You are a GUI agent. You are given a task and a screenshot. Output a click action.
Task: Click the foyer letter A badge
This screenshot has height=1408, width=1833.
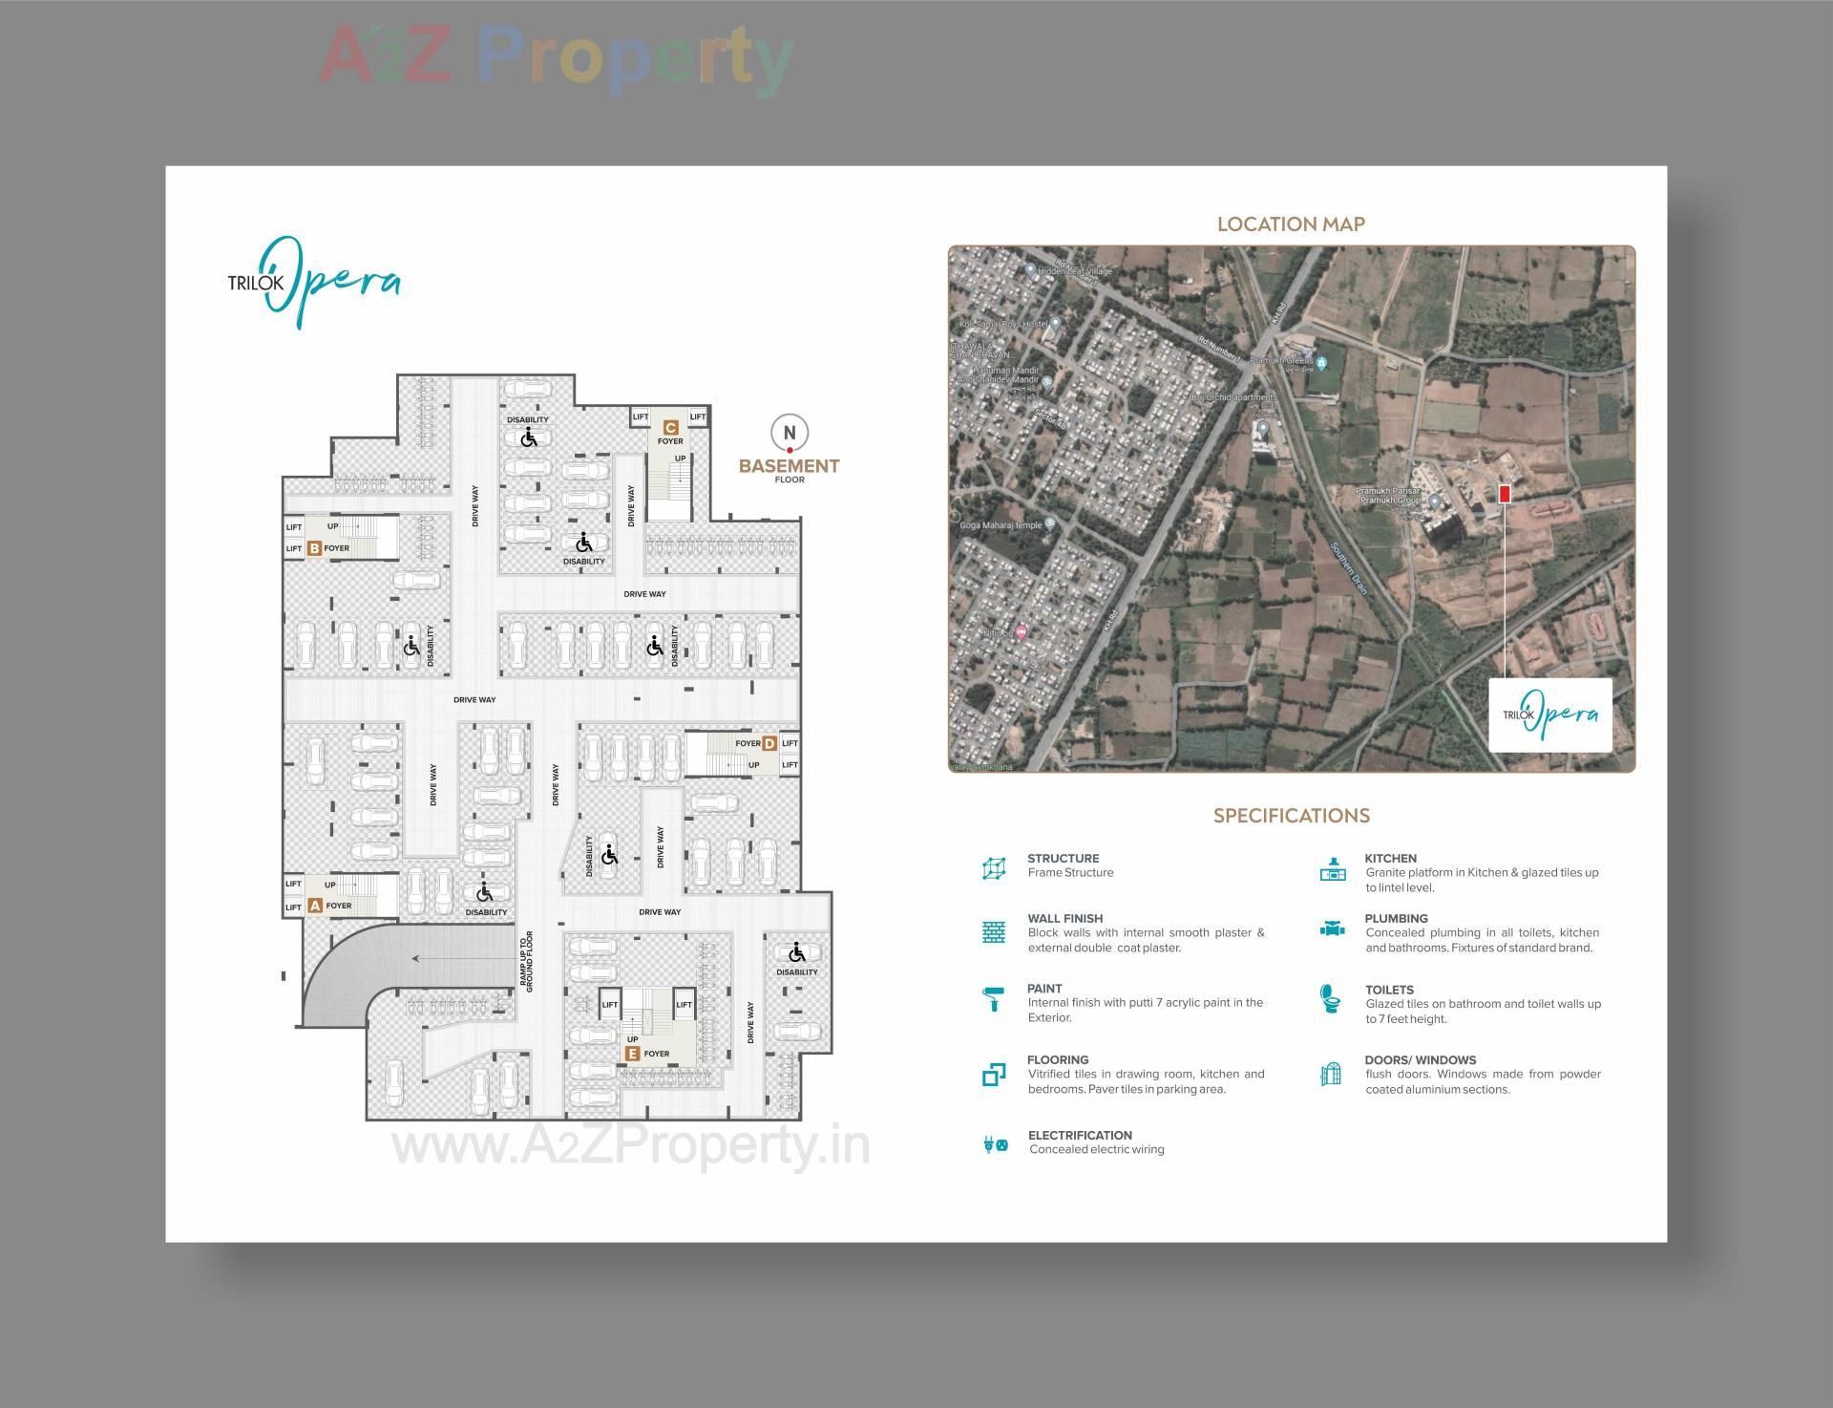click(315, 906)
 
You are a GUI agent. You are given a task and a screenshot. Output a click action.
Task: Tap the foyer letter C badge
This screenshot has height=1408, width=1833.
click(671, 428)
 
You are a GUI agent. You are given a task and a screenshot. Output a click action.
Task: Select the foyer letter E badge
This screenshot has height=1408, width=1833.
click(632, 1054)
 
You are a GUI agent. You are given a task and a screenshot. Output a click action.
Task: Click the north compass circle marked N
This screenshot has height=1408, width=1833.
click(790, 433)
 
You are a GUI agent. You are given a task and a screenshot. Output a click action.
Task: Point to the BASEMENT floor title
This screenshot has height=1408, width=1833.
click(789, 466)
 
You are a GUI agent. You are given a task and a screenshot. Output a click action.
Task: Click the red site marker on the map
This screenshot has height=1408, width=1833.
click(1505, 494)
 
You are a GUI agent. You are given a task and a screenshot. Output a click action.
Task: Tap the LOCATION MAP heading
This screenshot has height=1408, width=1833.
click(1291, 224)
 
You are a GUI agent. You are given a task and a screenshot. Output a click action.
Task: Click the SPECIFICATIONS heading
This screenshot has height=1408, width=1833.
click(1291, 816)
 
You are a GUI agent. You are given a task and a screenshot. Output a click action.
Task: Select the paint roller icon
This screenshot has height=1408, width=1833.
click(993, 999)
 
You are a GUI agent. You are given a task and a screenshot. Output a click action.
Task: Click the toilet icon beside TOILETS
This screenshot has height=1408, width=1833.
click(1329, 999)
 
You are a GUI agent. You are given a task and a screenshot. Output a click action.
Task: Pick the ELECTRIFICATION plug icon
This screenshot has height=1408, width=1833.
click(994, 1143)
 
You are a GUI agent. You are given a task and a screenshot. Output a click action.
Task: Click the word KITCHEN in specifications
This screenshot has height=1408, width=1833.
click(1390, 858)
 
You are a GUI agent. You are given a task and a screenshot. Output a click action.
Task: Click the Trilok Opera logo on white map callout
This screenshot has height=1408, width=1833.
click(1550, 714)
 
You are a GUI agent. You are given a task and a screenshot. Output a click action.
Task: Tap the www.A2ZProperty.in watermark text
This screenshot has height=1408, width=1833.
click(630, 1145)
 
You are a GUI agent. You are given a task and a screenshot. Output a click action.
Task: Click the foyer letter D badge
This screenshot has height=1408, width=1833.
click(769, 743)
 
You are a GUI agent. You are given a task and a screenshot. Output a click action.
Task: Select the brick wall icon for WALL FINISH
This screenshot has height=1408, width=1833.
click(993, 932)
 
